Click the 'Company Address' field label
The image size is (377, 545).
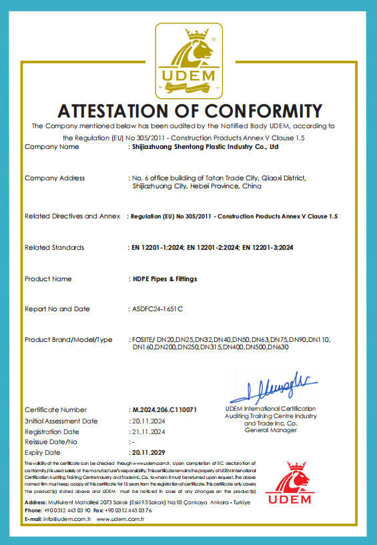[55, 178]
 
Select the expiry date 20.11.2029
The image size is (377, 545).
[148, 451]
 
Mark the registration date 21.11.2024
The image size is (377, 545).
[148, 431]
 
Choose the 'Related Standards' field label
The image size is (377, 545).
[55, 248]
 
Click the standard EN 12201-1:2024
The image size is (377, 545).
[156, 248]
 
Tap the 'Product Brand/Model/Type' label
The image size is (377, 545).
[69, 340]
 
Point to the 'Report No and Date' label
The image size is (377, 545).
[57, 309]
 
